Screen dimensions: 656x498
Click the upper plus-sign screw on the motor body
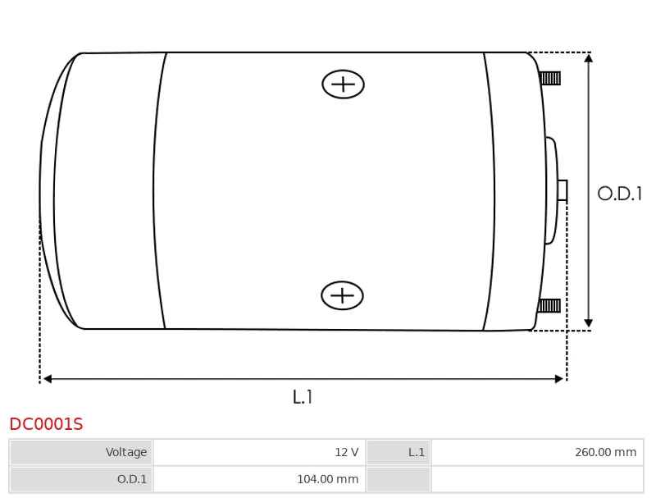(x=343, y=85)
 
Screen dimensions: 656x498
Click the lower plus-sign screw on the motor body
(x=342, y=295)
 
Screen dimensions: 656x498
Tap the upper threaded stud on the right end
(x=549, y=78)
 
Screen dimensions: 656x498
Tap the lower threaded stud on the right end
(x=549, y=305)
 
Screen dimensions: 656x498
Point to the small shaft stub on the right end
(x=563, y=190)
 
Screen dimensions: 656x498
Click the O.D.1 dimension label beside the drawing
(x=620, y=194)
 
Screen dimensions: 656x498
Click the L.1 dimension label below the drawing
(x=303, y=397)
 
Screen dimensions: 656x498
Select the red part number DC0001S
(x=46, y=424)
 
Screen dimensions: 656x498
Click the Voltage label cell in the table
(x=81, y=452)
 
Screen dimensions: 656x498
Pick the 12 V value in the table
(x=346, y=452)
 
